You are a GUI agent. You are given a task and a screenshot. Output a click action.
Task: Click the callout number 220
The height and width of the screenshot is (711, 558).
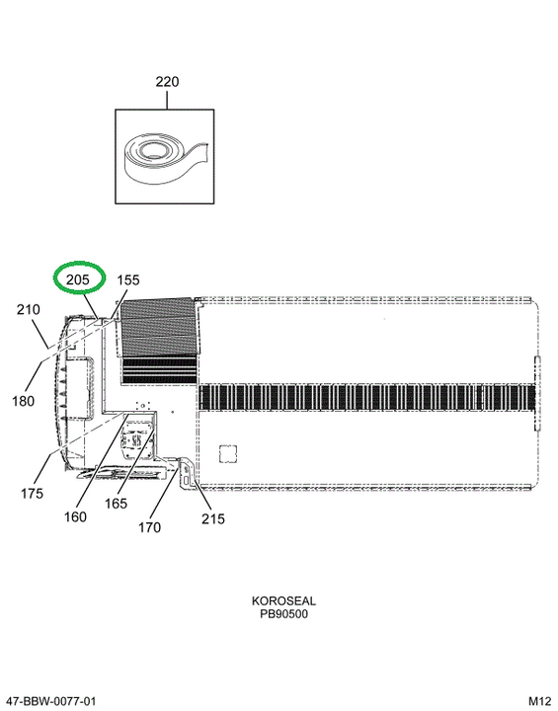click(167, 82)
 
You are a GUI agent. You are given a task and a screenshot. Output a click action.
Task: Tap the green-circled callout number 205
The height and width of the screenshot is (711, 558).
click(78, 279)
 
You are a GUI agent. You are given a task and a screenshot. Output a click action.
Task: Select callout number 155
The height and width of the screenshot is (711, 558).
click(128, 279)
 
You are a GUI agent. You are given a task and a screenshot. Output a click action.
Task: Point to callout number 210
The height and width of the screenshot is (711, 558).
click(28, 310)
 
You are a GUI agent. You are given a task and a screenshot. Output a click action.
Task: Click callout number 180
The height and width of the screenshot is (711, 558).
click(23, 401)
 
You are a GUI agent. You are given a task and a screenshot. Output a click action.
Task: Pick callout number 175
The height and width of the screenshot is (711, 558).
click(32, 493)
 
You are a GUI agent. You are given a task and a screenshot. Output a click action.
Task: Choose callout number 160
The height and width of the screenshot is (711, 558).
click(75, 516)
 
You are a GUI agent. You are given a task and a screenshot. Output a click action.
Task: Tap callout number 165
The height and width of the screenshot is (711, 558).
click(116, 504)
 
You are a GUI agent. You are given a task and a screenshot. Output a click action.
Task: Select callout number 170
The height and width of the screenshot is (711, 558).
click(149, 527)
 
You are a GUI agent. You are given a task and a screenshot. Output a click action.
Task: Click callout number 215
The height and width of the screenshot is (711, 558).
click(213, 518)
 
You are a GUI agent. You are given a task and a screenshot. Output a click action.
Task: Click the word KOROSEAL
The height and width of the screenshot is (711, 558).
click(283, 600)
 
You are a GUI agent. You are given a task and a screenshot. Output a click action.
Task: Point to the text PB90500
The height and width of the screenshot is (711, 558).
click(284, 614)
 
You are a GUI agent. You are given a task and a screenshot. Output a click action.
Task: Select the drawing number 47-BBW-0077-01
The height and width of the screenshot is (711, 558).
click(51, 701)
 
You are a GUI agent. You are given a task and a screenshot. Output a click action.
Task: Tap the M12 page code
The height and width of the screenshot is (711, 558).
click(540, 701)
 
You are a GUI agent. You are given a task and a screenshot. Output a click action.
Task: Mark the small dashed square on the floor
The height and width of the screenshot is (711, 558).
click(228, 453)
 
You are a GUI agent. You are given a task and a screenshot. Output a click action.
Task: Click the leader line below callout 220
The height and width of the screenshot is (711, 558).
click(167, 100)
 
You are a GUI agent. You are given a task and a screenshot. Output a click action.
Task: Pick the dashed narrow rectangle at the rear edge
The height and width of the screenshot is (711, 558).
click(537, 393)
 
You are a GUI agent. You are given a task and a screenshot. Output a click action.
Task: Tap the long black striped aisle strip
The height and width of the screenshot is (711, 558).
click(366, 398)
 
